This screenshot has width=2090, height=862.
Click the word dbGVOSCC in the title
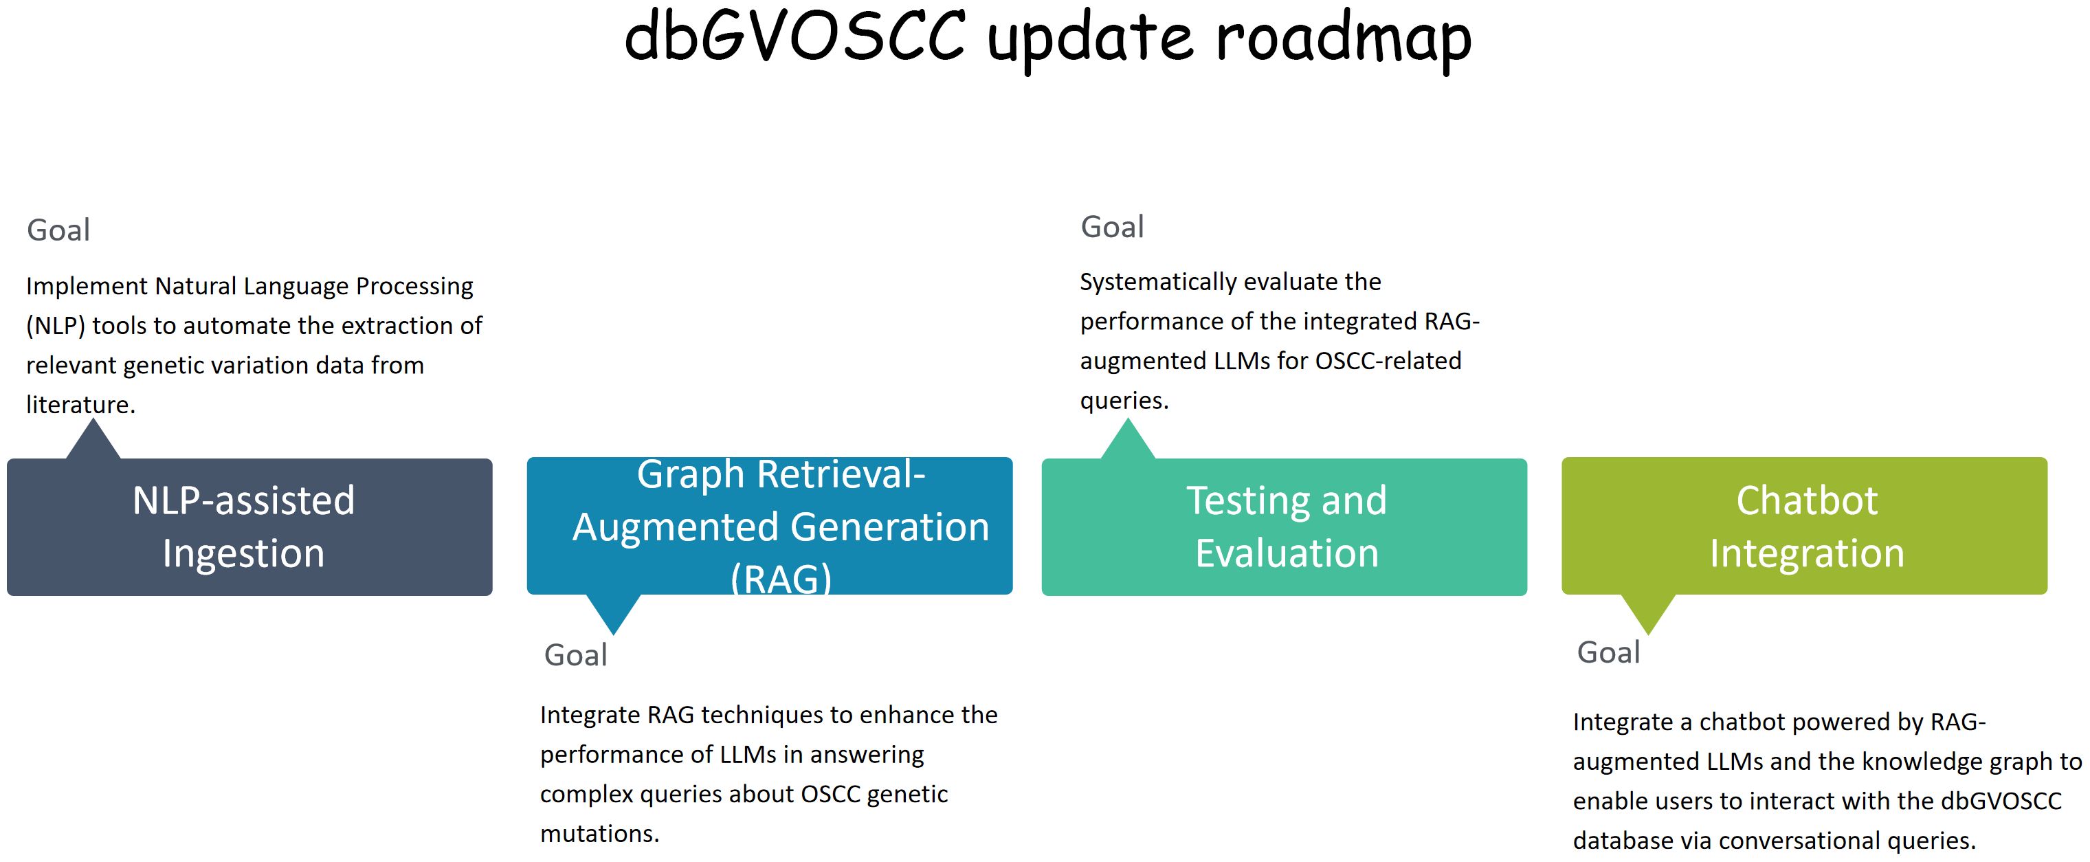pyautogui.click(x=794, y=36)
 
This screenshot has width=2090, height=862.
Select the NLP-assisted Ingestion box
pyautogui.click(x=249, y=528)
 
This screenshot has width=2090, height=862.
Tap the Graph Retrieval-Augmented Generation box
pyautogui.click(x=769, y=526)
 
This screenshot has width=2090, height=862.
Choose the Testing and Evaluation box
pyautogui.click(x=1284, y=528)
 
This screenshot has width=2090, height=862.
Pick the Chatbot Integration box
pyautogui.click(x=1804, y=526)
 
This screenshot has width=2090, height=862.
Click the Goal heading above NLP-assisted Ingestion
pyautogui.click(x=58, y=230)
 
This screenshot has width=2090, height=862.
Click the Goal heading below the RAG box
pyautogui.click(x=575, y=655)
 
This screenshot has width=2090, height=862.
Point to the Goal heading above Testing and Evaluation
pyautogui.click(x=1112, y=228)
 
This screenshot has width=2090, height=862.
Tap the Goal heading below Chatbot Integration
pyautogui.click(x=1608, y=652)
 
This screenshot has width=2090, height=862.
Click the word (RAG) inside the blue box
pyautogui.click(x=781, y=579)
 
